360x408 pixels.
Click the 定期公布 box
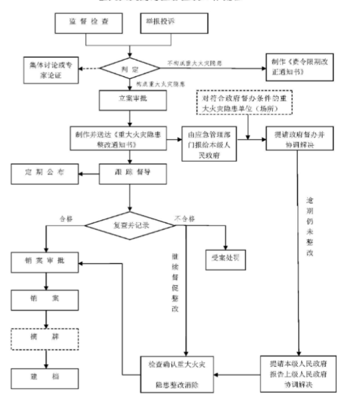[x=45, y=173]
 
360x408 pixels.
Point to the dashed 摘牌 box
[x=45, y=340]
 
